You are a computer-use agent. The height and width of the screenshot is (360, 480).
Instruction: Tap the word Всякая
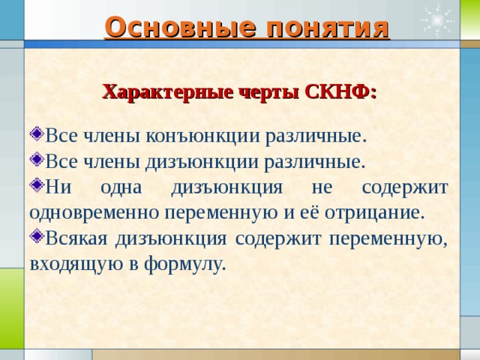77,238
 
